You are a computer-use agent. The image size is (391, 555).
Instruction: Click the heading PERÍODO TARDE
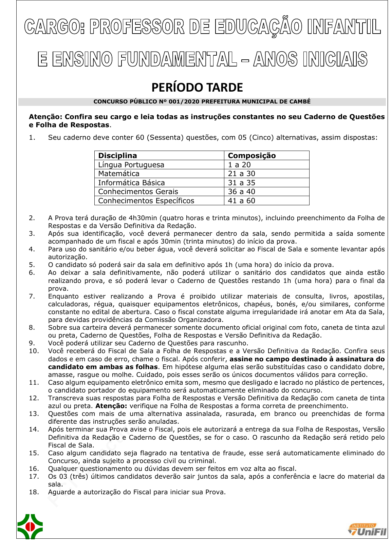[197, 88]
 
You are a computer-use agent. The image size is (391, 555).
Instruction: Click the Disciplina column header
[117, 156]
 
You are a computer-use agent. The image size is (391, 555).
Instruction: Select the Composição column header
[252, 156]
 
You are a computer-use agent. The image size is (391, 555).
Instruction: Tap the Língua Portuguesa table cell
[131, 165]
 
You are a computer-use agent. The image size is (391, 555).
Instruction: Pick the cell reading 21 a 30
[241, 174]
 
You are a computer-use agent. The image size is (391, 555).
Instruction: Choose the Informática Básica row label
[131, 183]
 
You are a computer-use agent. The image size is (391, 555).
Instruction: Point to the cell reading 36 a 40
[241, 192]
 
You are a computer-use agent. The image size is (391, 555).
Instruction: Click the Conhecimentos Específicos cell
[146, 201]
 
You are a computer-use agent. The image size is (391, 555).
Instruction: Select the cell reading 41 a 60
[241, 201]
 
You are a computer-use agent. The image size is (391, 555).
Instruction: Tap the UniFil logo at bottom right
[367, 530]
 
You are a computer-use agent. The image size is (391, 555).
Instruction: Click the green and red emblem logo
[30, 527]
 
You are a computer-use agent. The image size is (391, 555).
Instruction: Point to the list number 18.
[34, 492]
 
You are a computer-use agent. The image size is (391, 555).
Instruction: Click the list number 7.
[32, 296]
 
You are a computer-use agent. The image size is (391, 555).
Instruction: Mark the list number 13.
[34, 414]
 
